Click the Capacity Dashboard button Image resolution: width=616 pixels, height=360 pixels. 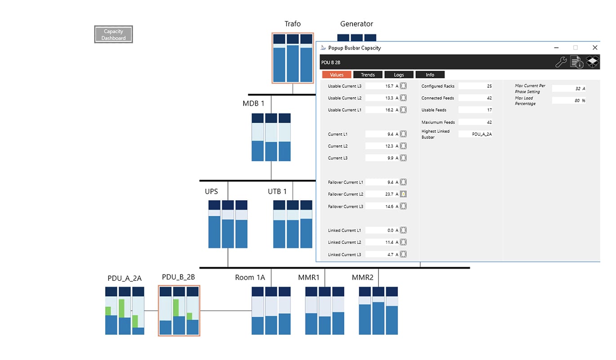coord(113,34)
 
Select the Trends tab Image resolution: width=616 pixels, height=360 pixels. coord(368,75)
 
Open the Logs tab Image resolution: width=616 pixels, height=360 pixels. coord(399,75)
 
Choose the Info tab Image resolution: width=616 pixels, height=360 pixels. coord(430,75)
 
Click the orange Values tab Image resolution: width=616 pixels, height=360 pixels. coord(337,75)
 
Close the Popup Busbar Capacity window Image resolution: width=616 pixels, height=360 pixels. coord(595,48)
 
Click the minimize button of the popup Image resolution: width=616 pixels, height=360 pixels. coord(556,48)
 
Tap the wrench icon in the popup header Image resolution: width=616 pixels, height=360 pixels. coord(561,62)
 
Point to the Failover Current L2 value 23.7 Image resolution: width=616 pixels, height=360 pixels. coord(389,194)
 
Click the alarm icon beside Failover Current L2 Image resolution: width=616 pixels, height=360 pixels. coord(403,194)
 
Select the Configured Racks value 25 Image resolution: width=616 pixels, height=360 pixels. coord(489,86)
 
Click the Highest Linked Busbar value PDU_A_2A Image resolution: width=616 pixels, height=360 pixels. coord(482,134)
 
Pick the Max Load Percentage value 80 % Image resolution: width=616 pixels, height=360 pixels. coord(580,100)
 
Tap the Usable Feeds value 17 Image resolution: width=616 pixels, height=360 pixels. coord(489,110)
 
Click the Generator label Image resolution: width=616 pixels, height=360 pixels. coord(357,24)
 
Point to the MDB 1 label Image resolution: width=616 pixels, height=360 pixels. coord(253,103)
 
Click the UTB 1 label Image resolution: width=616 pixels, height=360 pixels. coord(277,191)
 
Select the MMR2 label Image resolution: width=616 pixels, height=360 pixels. coord(362,278)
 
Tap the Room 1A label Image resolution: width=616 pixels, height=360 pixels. coord(250,278)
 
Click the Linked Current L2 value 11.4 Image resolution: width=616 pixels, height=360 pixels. coord(389,242)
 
